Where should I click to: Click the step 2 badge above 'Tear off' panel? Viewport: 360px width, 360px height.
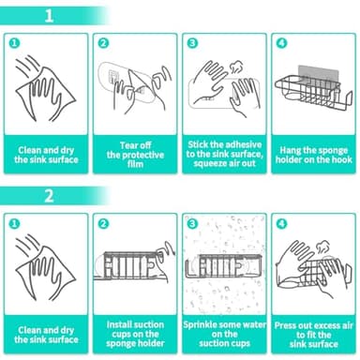[x=104, y=43]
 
